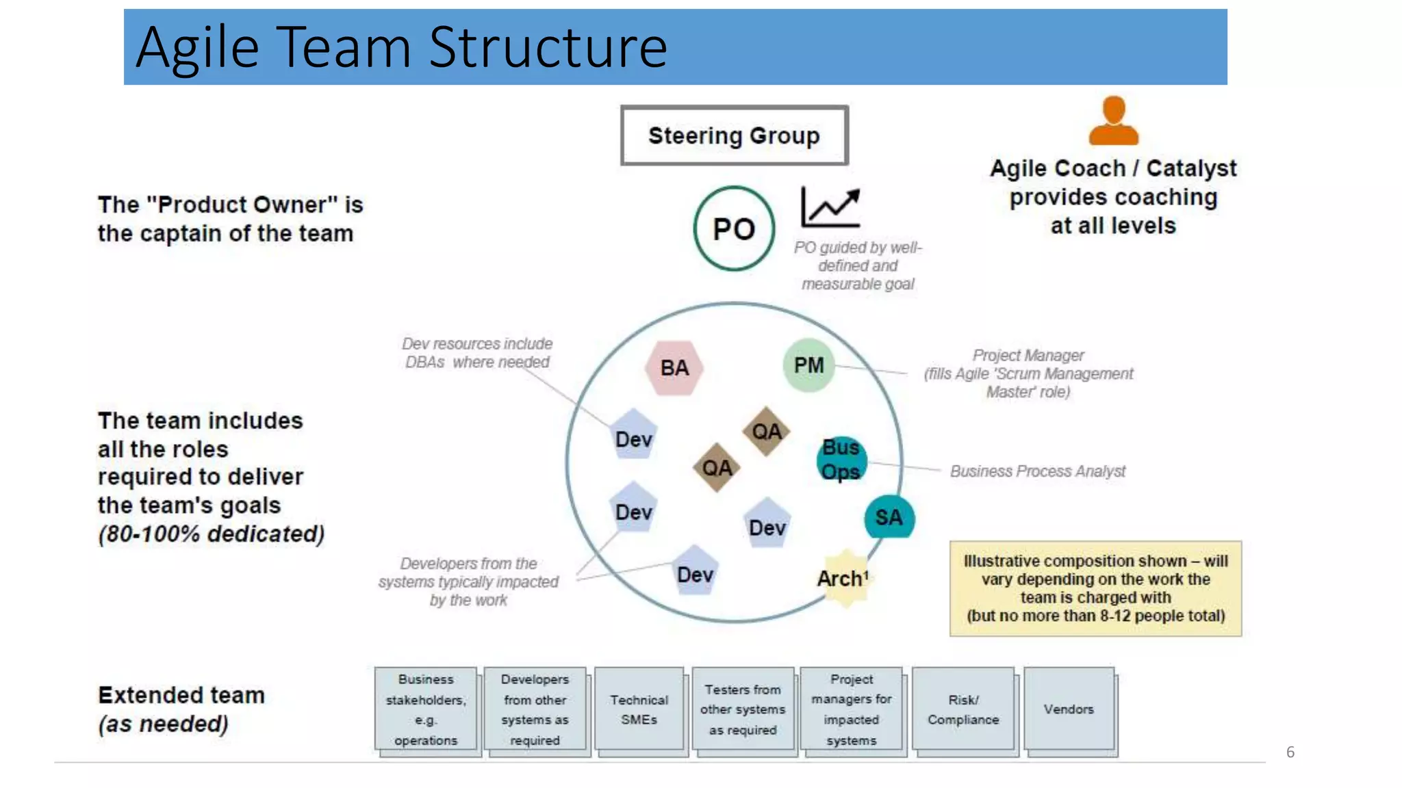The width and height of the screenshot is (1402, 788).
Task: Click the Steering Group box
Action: pyautogui.click(x=734, y=135)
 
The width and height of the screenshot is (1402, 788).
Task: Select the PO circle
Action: pyautogui.click(x=734, y=228)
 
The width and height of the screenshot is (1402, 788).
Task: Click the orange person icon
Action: pyautogui.click(x=1113, y=121)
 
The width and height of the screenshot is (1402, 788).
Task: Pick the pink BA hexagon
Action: pyautogui.click(x=674, y=368)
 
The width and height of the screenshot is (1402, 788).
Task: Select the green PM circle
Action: pyautogui.click(x=808, y=365)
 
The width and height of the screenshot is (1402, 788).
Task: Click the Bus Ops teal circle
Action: pyautogui.click(x=841, y=459)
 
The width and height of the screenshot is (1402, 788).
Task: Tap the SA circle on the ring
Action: pyautogui.click(x=889, y=517)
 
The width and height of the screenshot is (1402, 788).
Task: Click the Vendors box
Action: pyautogui.click(x=1069, y=709)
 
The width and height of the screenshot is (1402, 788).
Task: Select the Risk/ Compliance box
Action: pyautogui.click(x=963, y=709)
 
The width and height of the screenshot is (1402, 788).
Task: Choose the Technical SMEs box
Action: pyautogui.click(x=639, y=709)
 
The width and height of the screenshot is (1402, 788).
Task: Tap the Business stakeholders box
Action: pyautogui.click(x=425, y=709)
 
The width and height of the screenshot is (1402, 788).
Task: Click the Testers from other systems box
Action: pyautogui.click(x=743, y=709)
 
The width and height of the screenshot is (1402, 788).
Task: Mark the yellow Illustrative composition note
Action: pyautogui.click(x=1095, y=588)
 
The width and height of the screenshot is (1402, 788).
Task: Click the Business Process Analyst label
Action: pyautogui.click(x=1037, y=471)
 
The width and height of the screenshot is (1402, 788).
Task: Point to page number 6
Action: pyautogui.click(x=1290, y=752)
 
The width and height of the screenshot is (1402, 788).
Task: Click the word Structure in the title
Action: pyautogui.click(x=548, y=47)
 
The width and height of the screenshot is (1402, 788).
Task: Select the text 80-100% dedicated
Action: pyautogui.click(x=212, y=534)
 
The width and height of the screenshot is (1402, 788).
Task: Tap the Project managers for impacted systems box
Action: pyautogui.click(x=851, y=709)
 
